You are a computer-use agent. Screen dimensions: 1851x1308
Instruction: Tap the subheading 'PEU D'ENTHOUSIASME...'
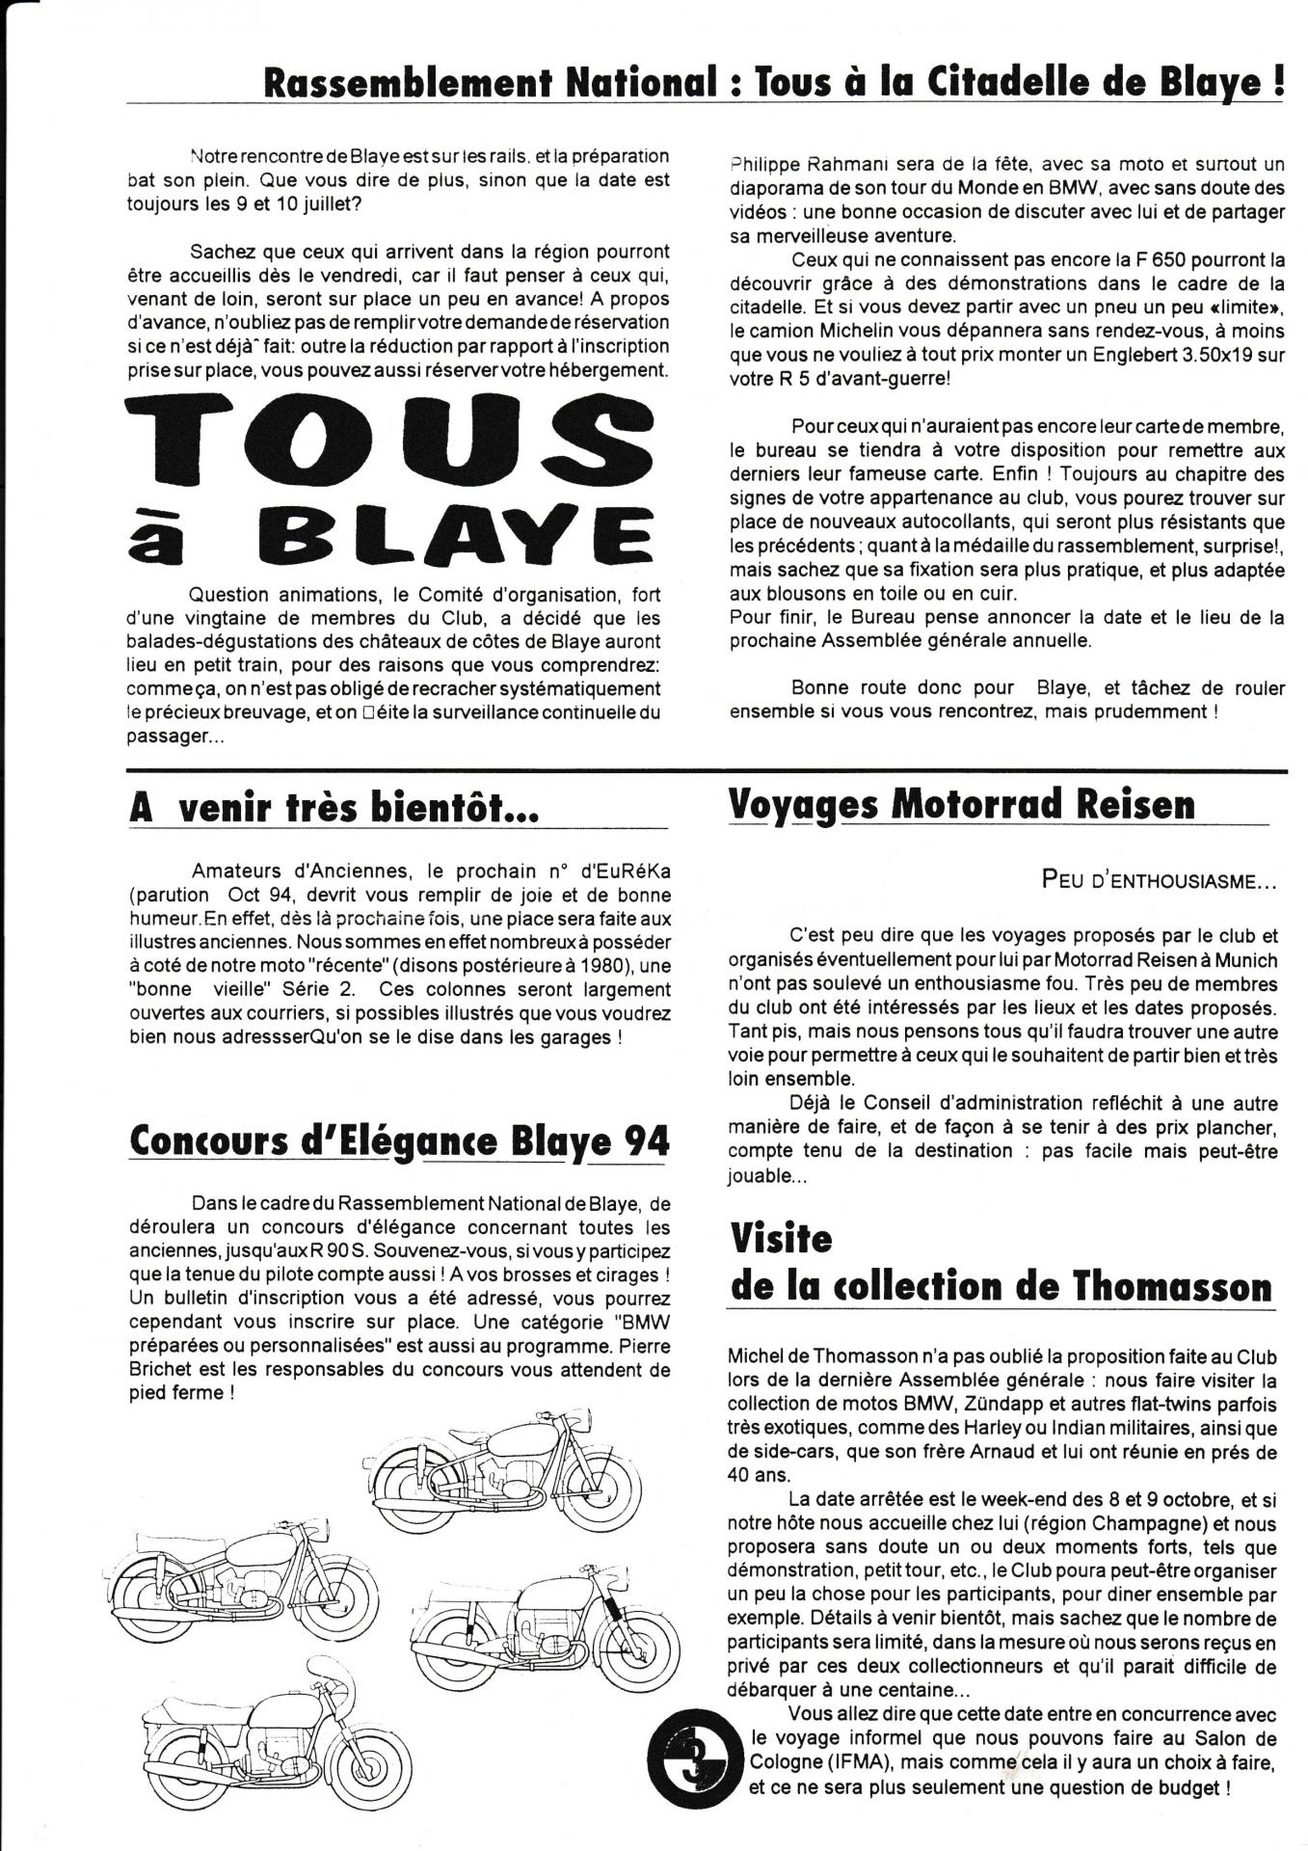pyautogui.click(x=1160, y=880)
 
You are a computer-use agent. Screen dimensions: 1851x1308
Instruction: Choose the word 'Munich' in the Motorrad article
pyautogui.click(x=1241, y=960)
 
